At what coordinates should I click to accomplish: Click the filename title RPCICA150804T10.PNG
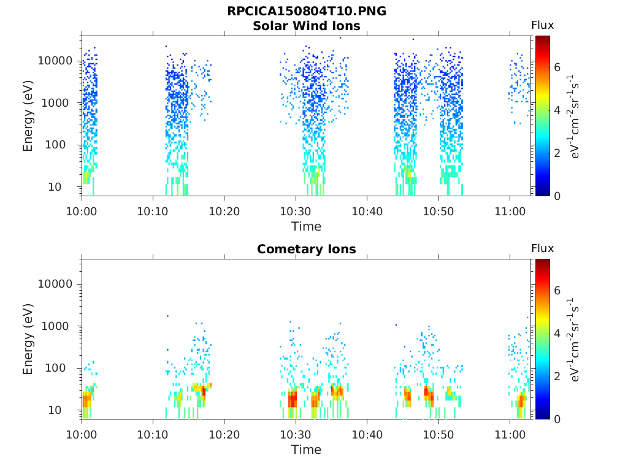307,11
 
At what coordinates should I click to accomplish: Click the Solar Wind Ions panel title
307,26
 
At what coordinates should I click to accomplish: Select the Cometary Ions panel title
307,249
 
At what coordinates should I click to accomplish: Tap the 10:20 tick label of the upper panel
224,212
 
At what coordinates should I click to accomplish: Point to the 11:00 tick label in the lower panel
510,435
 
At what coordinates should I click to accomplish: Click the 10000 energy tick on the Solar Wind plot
55,61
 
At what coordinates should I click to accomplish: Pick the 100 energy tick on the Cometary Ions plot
55,368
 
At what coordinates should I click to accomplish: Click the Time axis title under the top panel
307,227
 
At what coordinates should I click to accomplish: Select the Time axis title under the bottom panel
307,450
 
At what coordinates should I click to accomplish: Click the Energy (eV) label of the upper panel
28,116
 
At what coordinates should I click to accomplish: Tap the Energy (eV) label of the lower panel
28,339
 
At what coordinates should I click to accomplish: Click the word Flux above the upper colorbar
542,25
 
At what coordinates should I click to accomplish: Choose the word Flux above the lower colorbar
542,248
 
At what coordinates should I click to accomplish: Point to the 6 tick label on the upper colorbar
557,67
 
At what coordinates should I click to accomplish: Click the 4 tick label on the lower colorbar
557,333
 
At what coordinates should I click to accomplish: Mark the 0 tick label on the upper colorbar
557,196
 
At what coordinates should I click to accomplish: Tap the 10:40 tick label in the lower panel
367,435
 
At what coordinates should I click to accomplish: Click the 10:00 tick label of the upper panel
82,212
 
